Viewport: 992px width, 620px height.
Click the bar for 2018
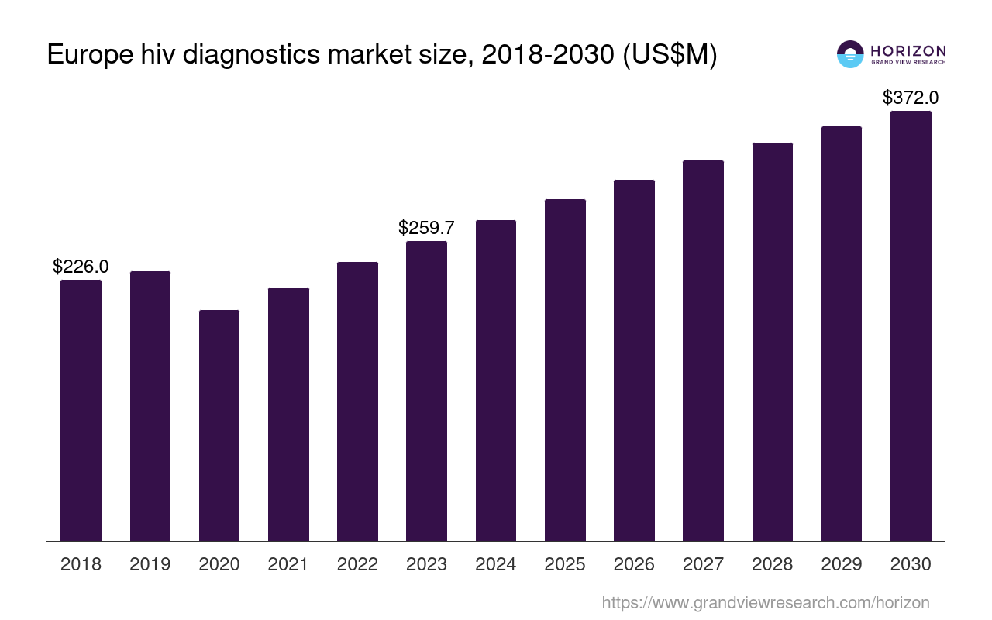coord(81,411)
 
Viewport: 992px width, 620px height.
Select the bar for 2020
coord(219,425)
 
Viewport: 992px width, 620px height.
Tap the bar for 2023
coord(426,391)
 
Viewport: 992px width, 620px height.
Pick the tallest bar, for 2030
coord(911,325)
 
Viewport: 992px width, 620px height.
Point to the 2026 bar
coord(634,360)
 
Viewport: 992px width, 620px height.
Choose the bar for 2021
coord(288,415)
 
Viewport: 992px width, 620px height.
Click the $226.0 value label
coord(81,267)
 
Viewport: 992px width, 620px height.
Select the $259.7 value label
coord(426,228)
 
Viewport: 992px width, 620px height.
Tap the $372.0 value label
coord(911,98)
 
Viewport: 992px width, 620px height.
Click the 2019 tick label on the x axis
coord(150,564)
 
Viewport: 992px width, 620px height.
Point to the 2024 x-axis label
coord(495,564)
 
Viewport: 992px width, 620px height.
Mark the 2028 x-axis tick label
coord(772,564)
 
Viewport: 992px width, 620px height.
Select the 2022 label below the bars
coord(357,564)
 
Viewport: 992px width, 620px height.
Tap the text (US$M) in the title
coord(670,56)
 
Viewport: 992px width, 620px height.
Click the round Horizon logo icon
coord(850,54)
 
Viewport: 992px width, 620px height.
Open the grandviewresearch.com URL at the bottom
coord(765,602)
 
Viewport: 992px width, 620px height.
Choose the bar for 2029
coord(842,333)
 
